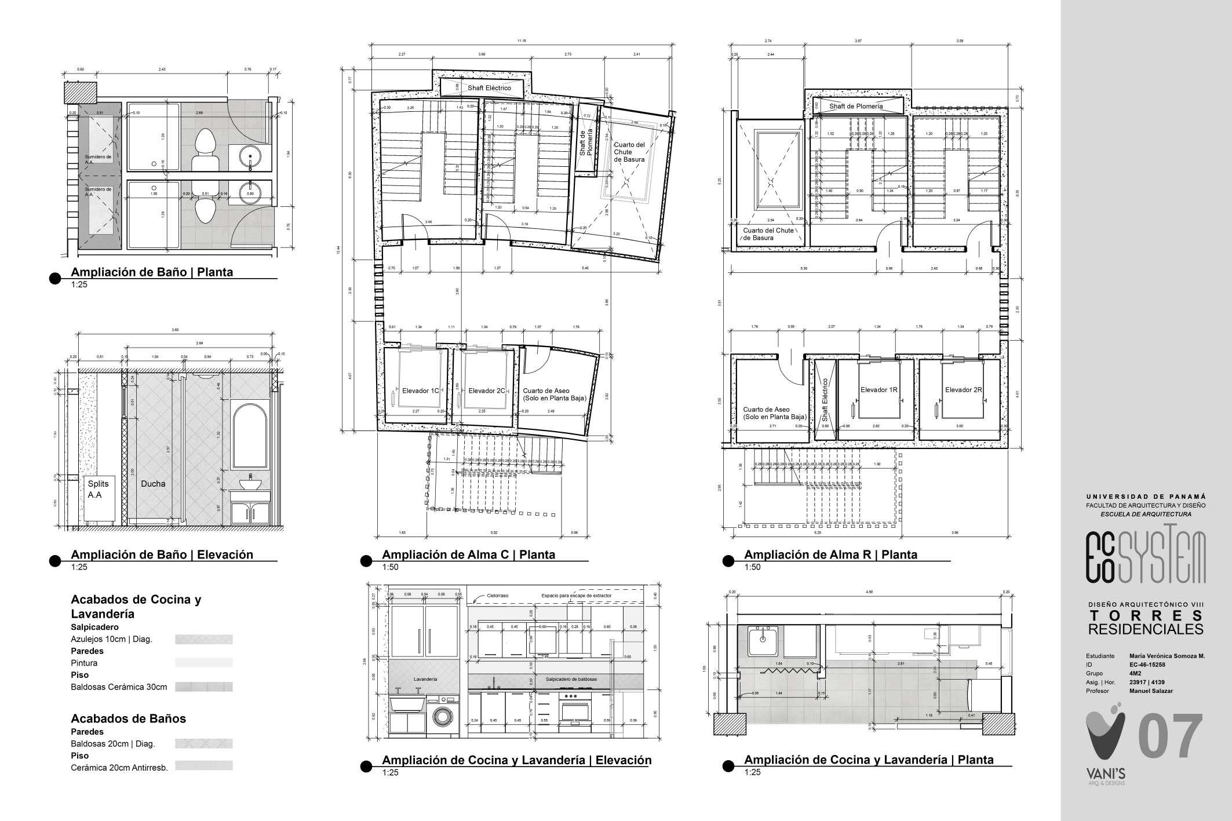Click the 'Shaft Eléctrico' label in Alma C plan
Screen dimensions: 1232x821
(489, 87)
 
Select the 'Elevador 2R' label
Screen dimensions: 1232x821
(963, 390)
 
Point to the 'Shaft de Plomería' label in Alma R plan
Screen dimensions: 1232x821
(855, 107)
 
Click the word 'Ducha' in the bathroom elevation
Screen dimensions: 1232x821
(153, 484)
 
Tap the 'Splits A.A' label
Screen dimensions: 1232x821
(98, 489)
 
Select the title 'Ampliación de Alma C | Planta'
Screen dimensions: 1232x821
(468, 554)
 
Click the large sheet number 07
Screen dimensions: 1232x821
(1171, 736)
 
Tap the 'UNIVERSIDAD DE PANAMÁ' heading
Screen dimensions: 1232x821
(1146, 497)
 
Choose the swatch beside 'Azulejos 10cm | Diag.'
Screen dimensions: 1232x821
(203, 640)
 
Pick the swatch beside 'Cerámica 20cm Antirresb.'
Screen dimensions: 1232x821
(203, 766)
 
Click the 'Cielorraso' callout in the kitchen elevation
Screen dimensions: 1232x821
(497, 595)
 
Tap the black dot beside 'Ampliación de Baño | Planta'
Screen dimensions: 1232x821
(55, 279)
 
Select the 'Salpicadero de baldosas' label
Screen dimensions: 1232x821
(571, 678)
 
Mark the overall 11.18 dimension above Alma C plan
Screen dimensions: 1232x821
(522, 41)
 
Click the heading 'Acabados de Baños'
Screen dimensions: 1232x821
(128, 718)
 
